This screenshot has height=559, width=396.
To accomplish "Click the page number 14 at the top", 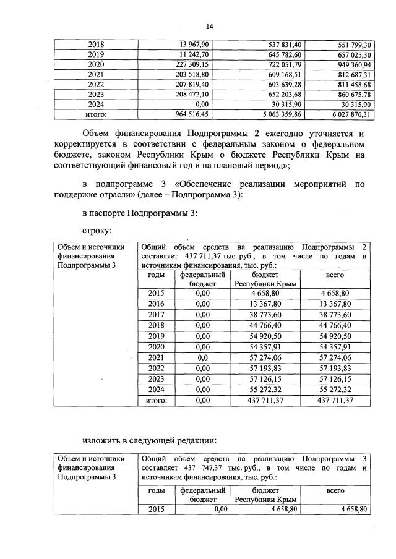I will [x=209, y=27].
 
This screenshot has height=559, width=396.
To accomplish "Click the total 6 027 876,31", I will [x=348, y=114].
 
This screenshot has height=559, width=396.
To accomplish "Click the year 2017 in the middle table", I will [x=157, y=315].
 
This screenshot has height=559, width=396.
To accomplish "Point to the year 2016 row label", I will [x=157, y=304].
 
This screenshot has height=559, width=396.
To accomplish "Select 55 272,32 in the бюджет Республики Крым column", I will [x=264, y=390].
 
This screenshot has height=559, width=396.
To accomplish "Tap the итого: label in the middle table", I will [x=157, y=401].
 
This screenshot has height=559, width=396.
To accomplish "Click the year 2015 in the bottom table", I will [x=157, y=509].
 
